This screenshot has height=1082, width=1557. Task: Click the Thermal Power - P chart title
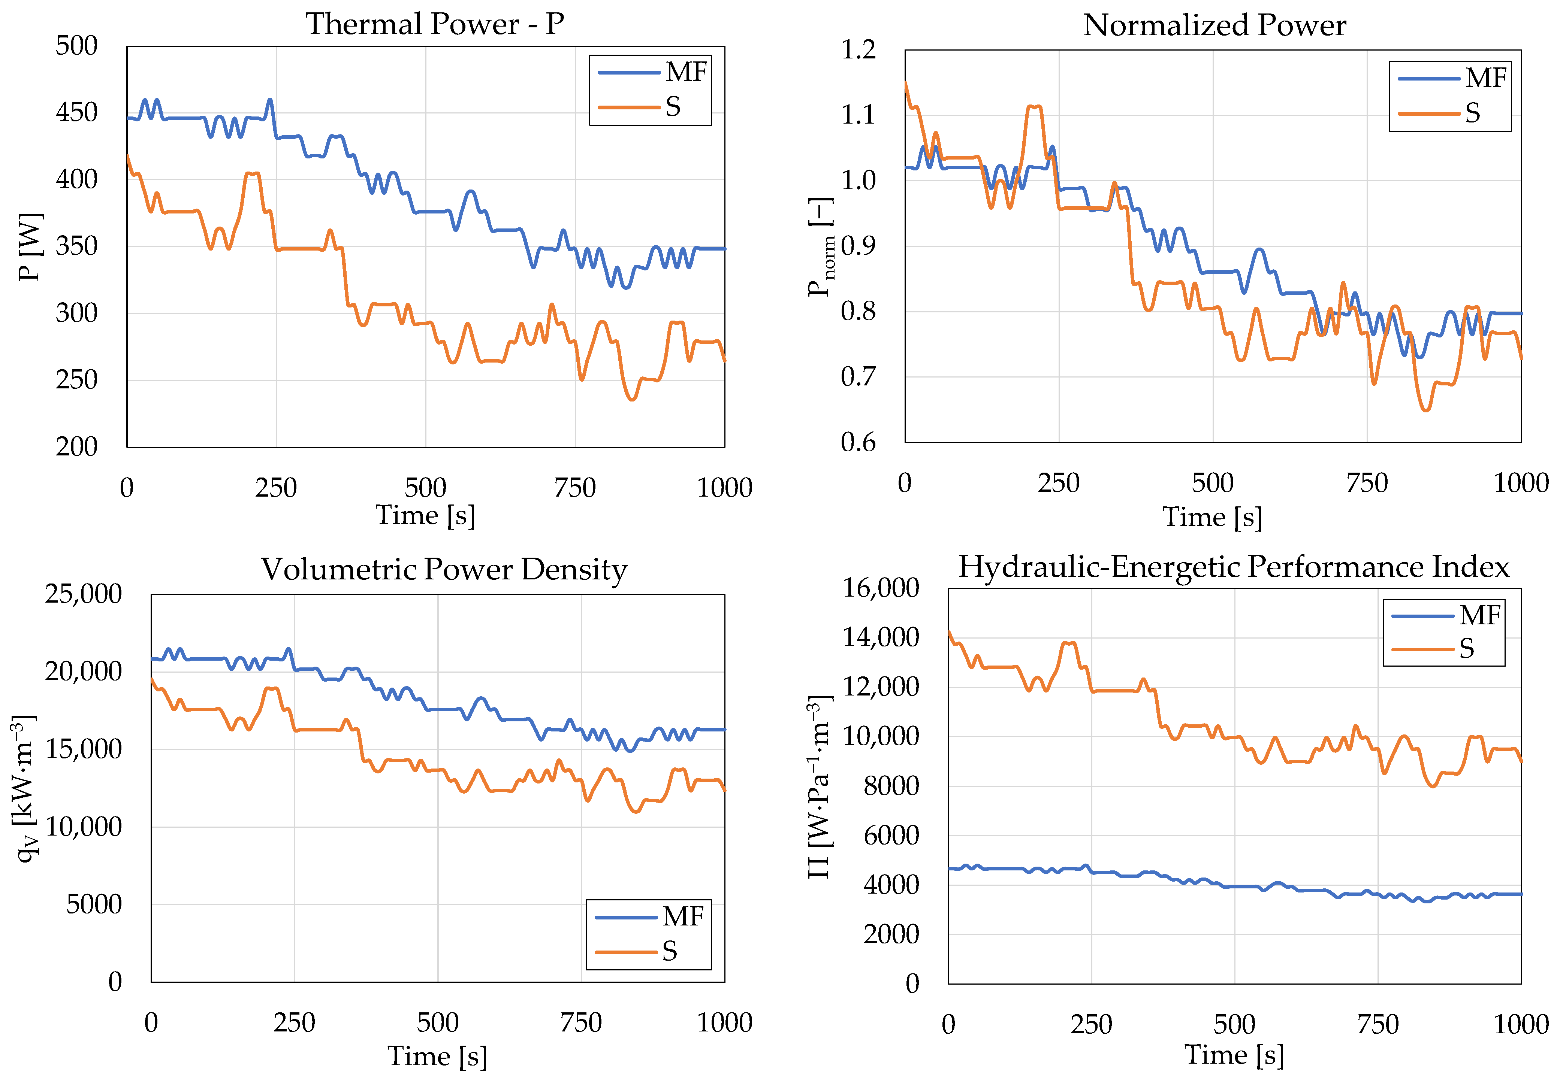click(x=435, y=24)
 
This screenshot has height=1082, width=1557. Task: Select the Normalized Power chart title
click(x=1214, y=26)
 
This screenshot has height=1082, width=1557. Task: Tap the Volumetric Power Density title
click(x=444, y=570)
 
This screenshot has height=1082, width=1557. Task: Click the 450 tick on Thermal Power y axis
click(x=76, y=112)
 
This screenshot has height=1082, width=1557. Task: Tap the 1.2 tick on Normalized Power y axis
click(x=859, y=49)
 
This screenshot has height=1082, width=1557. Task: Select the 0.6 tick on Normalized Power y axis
click(x=859, y=443)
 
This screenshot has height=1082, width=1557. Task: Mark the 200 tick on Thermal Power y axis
click(x=76, y=447)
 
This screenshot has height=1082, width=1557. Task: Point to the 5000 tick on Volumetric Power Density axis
click(x=94, y=904)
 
